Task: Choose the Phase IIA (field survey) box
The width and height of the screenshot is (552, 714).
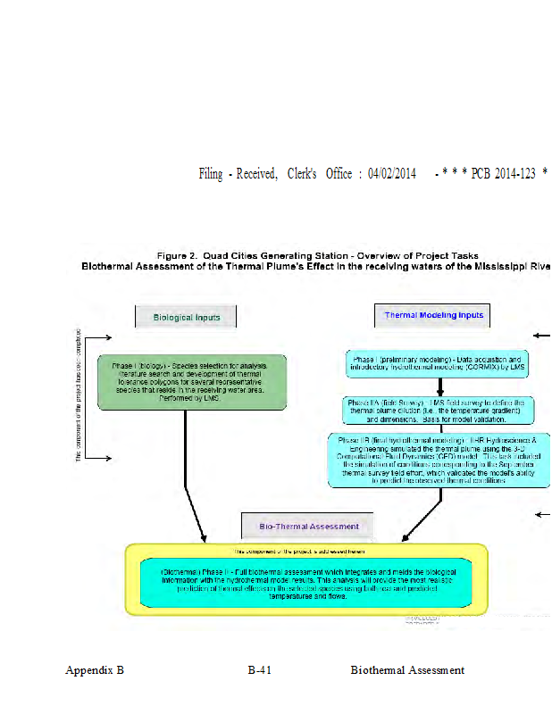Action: click(439, 410)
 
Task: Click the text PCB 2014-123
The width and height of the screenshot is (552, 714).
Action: click(501, 174)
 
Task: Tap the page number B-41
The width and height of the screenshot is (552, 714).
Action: click(260, 670)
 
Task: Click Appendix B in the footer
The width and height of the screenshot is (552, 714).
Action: click(95, 670)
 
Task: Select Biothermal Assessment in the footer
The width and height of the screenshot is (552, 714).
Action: click(407, 670)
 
